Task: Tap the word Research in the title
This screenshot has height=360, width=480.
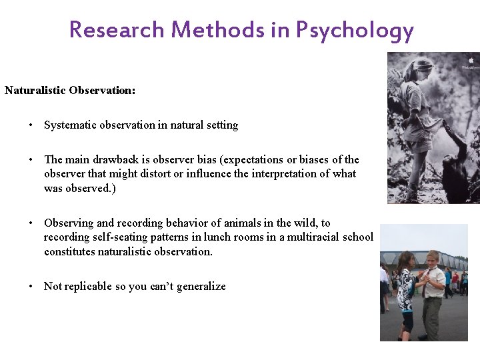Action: [x=117, y=30]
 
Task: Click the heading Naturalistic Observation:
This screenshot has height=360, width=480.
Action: [x=70, y=90]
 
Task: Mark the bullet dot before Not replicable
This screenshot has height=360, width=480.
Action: [x=31, y=287]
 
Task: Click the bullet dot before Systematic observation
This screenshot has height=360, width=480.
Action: [x=31, y=125]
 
